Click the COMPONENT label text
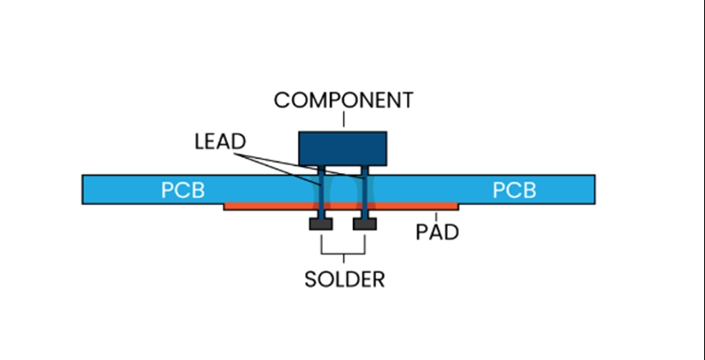click(344, 100)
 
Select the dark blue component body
click(342, 148)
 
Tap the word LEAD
click(220, 142)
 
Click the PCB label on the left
click(182, 190)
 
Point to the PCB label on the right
click(514, 190)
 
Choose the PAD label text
click(436, 233)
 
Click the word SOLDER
click(344, 279)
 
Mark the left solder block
click(322, 224)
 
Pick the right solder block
click(364, 224)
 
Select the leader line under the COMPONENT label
click(344, 122)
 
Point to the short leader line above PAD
click(436, 216)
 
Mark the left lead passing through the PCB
click(322, 189)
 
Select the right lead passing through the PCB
click(364, 189)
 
